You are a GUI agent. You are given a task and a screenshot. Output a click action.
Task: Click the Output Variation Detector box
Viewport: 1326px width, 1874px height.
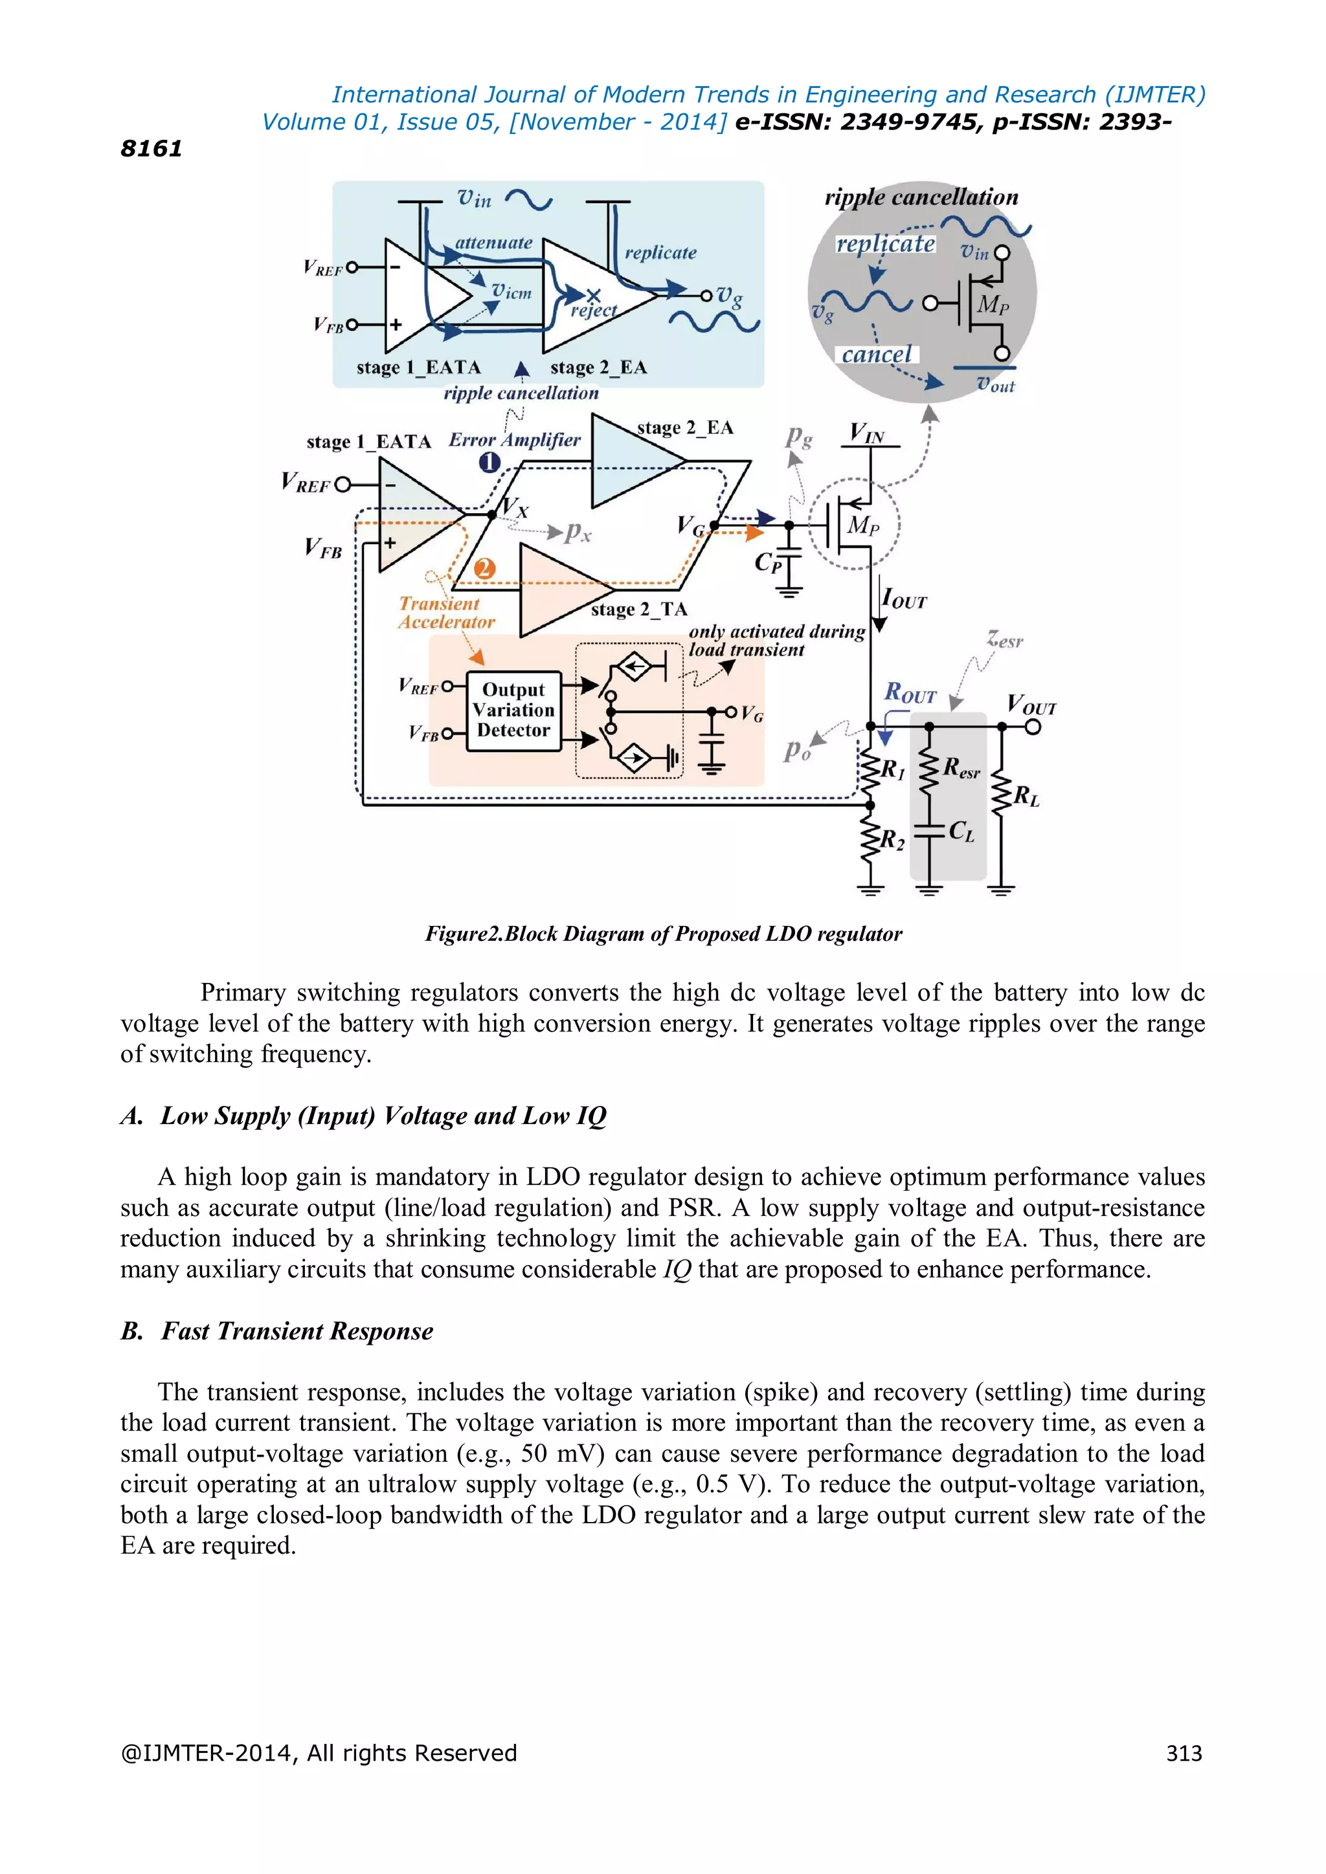pyautogui.click(x=513, y=710)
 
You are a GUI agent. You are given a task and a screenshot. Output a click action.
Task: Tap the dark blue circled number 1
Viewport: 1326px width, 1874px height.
pyautogui.click(x=489, y=463)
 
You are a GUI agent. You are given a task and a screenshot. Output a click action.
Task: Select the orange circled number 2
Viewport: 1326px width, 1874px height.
pyautogui.click(x=484, y=569)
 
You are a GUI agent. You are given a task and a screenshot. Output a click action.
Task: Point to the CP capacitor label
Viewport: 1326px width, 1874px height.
pyautogui.click(x=767, y=562)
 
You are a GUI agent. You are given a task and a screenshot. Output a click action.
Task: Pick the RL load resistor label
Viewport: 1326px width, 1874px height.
pyautogui.click(x=1026, y=796)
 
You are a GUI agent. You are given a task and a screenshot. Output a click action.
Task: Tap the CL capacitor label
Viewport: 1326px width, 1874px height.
pyautogui.click(x=961, y=831)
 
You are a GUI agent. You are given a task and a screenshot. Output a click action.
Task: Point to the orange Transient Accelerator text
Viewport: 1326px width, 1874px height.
pyautogui.click(x=446, y=613)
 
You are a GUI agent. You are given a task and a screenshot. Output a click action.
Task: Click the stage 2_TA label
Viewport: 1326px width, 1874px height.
pyautogui.click(x=639, y=610)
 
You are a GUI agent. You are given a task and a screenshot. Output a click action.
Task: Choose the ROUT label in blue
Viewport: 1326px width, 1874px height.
pyautogui.click(x=910, y=693)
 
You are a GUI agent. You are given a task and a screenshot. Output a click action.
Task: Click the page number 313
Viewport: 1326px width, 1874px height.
pyautogui.click(x=1184, y=1752)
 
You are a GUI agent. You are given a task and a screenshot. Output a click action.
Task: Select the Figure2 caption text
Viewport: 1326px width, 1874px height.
pyautogui.click(x=663, y=934)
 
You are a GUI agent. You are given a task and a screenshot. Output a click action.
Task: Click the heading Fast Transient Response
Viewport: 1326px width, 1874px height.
pyautogui.click(x=297, y=1331)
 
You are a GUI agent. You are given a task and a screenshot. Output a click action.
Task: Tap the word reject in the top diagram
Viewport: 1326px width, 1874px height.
pyautogui.click(x=594, y=310)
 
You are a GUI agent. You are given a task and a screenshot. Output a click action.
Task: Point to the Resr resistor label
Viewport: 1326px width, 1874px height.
pyautogui.click(x=961, y=768)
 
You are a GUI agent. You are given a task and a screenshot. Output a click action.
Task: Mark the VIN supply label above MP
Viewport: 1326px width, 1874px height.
pyautogui.click(x=866, y=433)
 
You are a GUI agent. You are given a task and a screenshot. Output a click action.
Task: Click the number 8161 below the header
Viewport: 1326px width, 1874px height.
pyautogui.click(x=151, y=149)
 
